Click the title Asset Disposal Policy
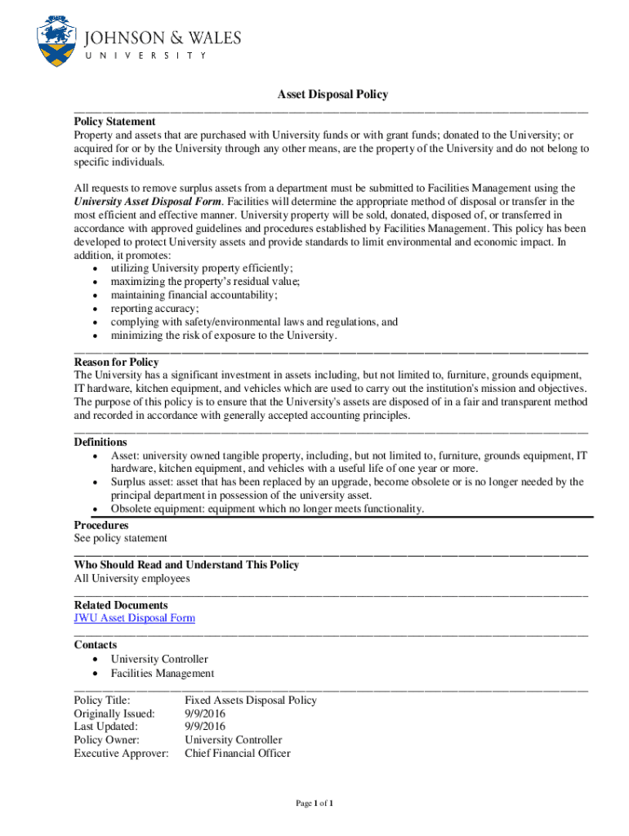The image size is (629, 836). click(332, 95)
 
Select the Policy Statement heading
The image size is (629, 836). click(114, 122)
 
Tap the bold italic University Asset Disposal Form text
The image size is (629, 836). click(148, 201)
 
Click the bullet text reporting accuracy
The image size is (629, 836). click(154, 309)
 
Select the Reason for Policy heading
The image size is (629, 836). click(116, 362)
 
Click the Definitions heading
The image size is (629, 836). click(100, 442)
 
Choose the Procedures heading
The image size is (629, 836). click(101, 525)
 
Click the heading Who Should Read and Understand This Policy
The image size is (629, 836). click(186, 564)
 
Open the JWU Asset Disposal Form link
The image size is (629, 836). click(135, 618)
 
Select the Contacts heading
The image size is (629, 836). click(95, 644)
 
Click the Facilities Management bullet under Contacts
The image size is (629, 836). click(163, 674)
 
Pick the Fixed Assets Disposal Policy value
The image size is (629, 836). click(250, 700)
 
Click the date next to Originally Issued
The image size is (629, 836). click(205, 714)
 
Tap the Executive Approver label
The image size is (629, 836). click(121, 754)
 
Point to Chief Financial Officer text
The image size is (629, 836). click(237, 754)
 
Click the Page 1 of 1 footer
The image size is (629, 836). click(314, 804)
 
